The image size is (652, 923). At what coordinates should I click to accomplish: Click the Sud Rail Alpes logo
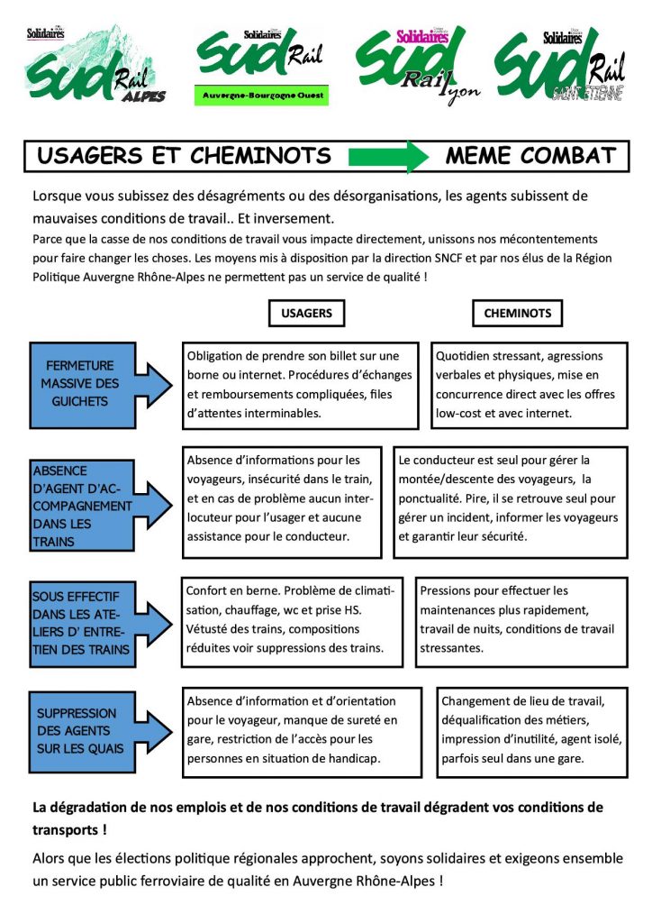point(94,64)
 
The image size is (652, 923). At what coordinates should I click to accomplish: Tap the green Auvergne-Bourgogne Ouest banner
point(262,96)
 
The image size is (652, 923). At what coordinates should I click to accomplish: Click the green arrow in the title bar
point(388,157)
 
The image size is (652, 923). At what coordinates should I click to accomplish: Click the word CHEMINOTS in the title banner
point(260,156)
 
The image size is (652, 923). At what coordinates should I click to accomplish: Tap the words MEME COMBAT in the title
point(530,156)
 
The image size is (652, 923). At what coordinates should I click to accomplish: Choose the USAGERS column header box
point(306,313)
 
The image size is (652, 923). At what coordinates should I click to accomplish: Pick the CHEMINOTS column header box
point(517,313)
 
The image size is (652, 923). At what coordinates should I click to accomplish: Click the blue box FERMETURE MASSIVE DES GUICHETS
point(82,385)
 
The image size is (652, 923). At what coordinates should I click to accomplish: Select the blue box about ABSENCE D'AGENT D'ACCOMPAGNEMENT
point(82,506)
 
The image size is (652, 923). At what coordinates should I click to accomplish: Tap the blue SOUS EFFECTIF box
point(82,624)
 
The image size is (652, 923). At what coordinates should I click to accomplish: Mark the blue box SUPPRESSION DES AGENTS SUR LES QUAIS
point(82,732)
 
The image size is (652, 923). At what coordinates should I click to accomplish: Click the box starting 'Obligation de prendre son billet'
point(301,385)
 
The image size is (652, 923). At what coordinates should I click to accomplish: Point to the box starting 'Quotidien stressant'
point(530,385)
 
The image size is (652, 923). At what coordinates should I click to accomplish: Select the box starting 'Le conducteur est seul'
point(511,502)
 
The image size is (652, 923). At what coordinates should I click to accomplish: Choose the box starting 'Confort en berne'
point(292,622)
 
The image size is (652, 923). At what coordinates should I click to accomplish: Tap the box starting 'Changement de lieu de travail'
point(532,732)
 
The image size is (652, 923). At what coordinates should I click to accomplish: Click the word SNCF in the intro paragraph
point(448,258)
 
